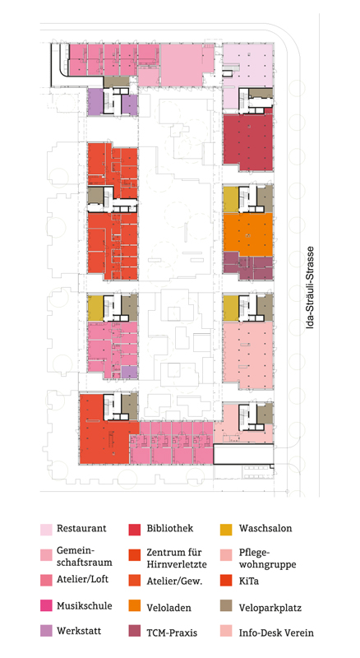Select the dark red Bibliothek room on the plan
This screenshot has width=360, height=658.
pyautogui.click(x=247, y=141)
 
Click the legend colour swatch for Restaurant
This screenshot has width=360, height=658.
pyautogui.click(x=46, y=529)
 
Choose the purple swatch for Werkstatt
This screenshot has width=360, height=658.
pyautogui.click(x=46, y=633)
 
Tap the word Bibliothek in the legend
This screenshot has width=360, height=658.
pyautogui.click(x=171, y=528)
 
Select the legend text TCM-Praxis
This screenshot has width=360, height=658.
pyautogui.click(x=175, y=633)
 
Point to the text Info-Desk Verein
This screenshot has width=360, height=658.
pyautogui.click(x=276, y=633)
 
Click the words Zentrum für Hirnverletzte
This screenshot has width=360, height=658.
pyautogui.click(x=177, y=558)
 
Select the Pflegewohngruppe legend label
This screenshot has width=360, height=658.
pyautogui.click(x=266, y=558)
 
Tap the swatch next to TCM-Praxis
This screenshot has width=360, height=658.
pyautogui.click(x=136, y=633)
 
